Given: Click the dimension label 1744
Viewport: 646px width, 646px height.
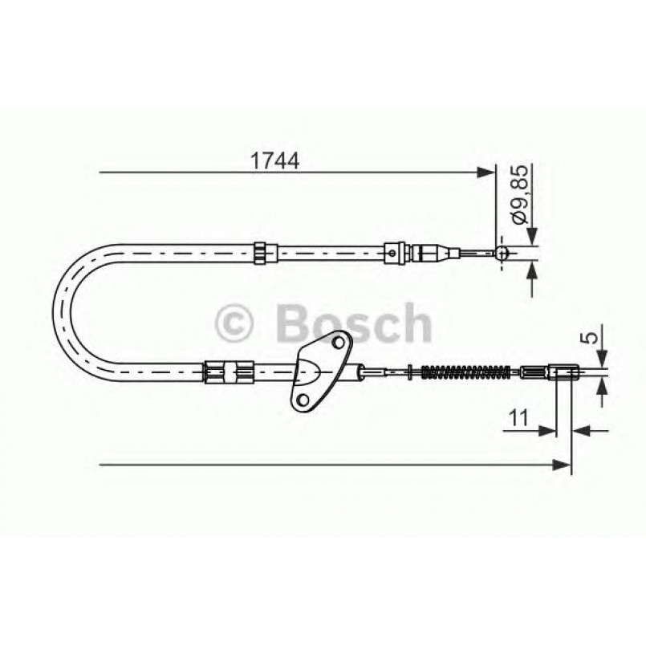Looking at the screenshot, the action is (x=274, y=160).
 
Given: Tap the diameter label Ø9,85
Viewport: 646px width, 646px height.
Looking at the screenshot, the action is (x=520, y=194).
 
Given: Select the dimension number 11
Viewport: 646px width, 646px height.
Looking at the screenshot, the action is (x=518, y=419).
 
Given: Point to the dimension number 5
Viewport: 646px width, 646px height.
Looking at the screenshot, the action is (x=591, y=337).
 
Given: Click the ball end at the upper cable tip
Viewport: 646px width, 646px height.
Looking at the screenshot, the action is (x=502, y=253).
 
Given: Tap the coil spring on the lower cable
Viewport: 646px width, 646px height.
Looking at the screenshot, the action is (x=466, y=372).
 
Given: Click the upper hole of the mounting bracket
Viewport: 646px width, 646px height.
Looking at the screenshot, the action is (x=339, y=342).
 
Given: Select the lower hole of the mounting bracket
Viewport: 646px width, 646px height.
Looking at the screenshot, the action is (x=303, y=399).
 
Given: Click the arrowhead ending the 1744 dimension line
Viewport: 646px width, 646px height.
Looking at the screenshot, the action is (x=486, y=173).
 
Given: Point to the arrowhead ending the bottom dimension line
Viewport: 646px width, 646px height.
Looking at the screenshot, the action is (x=563, y=465).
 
